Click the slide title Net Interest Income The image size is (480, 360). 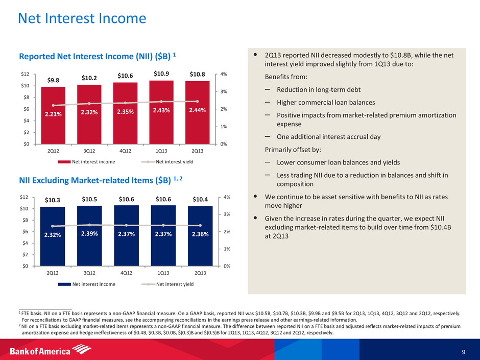tap(82, 19)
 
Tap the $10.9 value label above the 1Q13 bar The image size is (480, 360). tap(160, 75)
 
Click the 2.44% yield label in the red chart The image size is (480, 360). tap(197, 110)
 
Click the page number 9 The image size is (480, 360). tap(463, 351)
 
